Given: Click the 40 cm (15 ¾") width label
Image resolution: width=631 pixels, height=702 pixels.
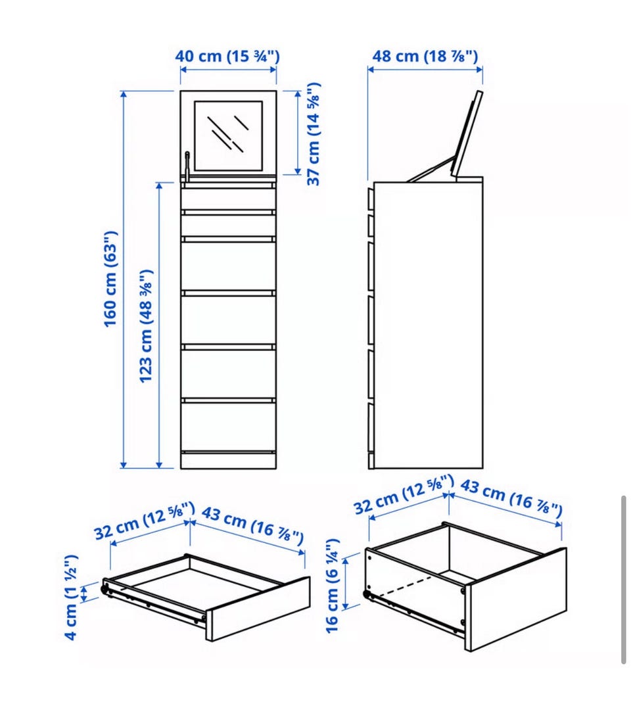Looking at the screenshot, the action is click(227, 57).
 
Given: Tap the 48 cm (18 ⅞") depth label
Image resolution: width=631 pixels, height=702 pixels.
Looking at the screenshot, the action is click(425, 57).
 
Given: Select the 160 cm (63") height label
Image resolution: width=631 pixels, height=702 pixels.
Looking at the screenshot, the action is click(110, 279).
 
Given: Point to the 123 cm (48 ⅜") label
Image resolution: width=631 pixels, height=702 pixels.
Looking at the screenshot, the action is click(147, 326).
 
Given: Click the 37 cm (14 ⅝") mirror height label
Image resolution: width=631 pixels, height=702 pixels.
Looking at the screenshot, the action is click(314, 134).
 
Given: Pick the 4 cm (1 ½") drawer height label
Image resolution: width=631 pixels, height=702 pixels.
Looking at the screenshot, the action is click(71, 597).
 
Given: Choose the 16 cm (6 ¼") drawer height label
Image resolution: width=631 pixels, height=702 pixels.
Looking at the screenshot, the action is click(332, 586).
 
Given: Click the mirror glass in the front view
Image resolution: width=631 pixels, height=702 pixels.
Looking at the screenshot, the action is click(228, 135).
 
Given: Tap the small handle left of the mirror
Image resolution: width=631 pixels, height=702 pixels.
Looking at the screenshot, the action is click(187, 166).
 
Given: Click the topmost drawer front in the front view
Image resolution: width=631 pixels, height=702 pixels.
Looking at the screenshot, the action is click(228, 199).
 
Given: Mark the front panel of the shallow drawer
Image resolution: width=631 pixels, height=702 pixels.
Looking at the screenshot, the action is click(258, 609).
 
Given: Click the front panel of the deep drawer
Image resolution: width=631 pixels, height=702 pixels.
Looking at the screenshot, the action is click(517, 599).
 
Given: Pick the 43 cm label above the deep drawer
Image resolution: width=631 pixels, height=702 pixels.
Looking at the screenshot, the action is click(511, 497).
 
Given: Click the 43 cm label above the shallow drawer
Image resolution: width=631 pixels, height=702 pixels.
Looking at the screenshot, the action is click(252, 525).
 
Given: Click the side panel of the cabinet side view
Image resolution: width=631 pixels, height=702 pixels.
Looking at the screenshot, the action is click(428, 325).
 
